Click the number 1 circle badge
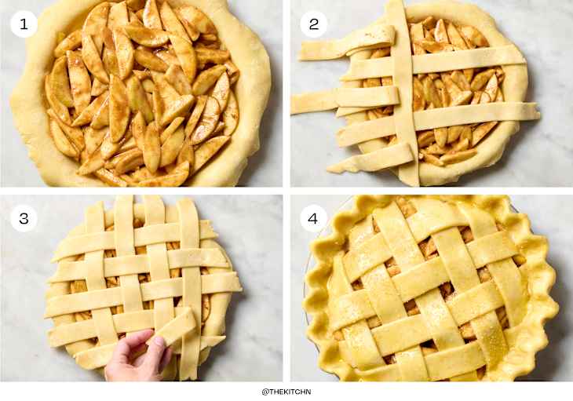[x=24, y=24]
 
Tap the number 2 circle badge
[x=313, y=24]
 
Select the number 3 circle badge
[x=24, y=218]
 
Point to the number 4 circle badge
[x=313, y=218]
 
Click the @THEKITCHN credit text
[x=286, y=392]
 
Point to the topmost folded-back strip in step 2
[x=347, y=43]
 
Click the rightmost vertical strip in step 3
[x=190, y=289]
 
